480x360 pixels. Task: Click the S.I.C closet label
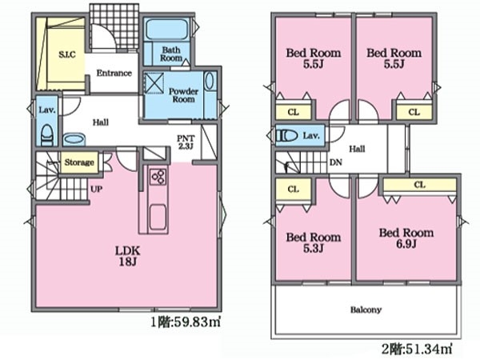(66, 54)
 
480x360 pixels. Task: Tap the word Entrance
(114, 73)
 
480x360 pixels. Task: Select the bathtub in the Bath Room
(166, 30)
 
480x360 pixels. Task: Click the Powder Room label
(183, 95)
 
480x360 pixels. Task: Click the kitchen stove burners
(158, 177)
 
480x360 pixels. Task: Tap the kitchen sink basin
(158, 217)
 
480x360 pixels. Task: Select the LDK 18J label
(127, 256)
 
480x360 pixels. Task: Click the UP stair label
(96, 189)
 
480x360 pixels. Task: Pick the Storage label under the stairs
(79, 162)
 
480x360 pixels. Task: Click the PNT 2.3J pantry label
(186, 142)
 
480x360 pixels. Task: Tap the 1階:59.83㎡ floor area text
(186, 322)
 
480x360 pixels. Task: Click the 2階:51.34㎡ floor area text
(417, 348)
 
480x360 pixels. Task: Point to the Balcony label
(366, 310)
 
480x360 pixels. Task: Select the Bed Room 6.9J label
(406, 238)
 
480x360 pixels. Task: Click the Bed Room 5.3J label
(313, 242)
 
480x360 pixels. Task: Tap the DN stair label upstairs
(336, 162)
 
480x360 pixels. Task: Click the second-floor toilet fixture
(287, 136)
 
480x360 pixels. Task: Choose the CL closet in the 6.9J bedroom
(419, 185)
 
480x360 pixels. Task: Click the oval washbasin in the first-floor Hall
(74, 139)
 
